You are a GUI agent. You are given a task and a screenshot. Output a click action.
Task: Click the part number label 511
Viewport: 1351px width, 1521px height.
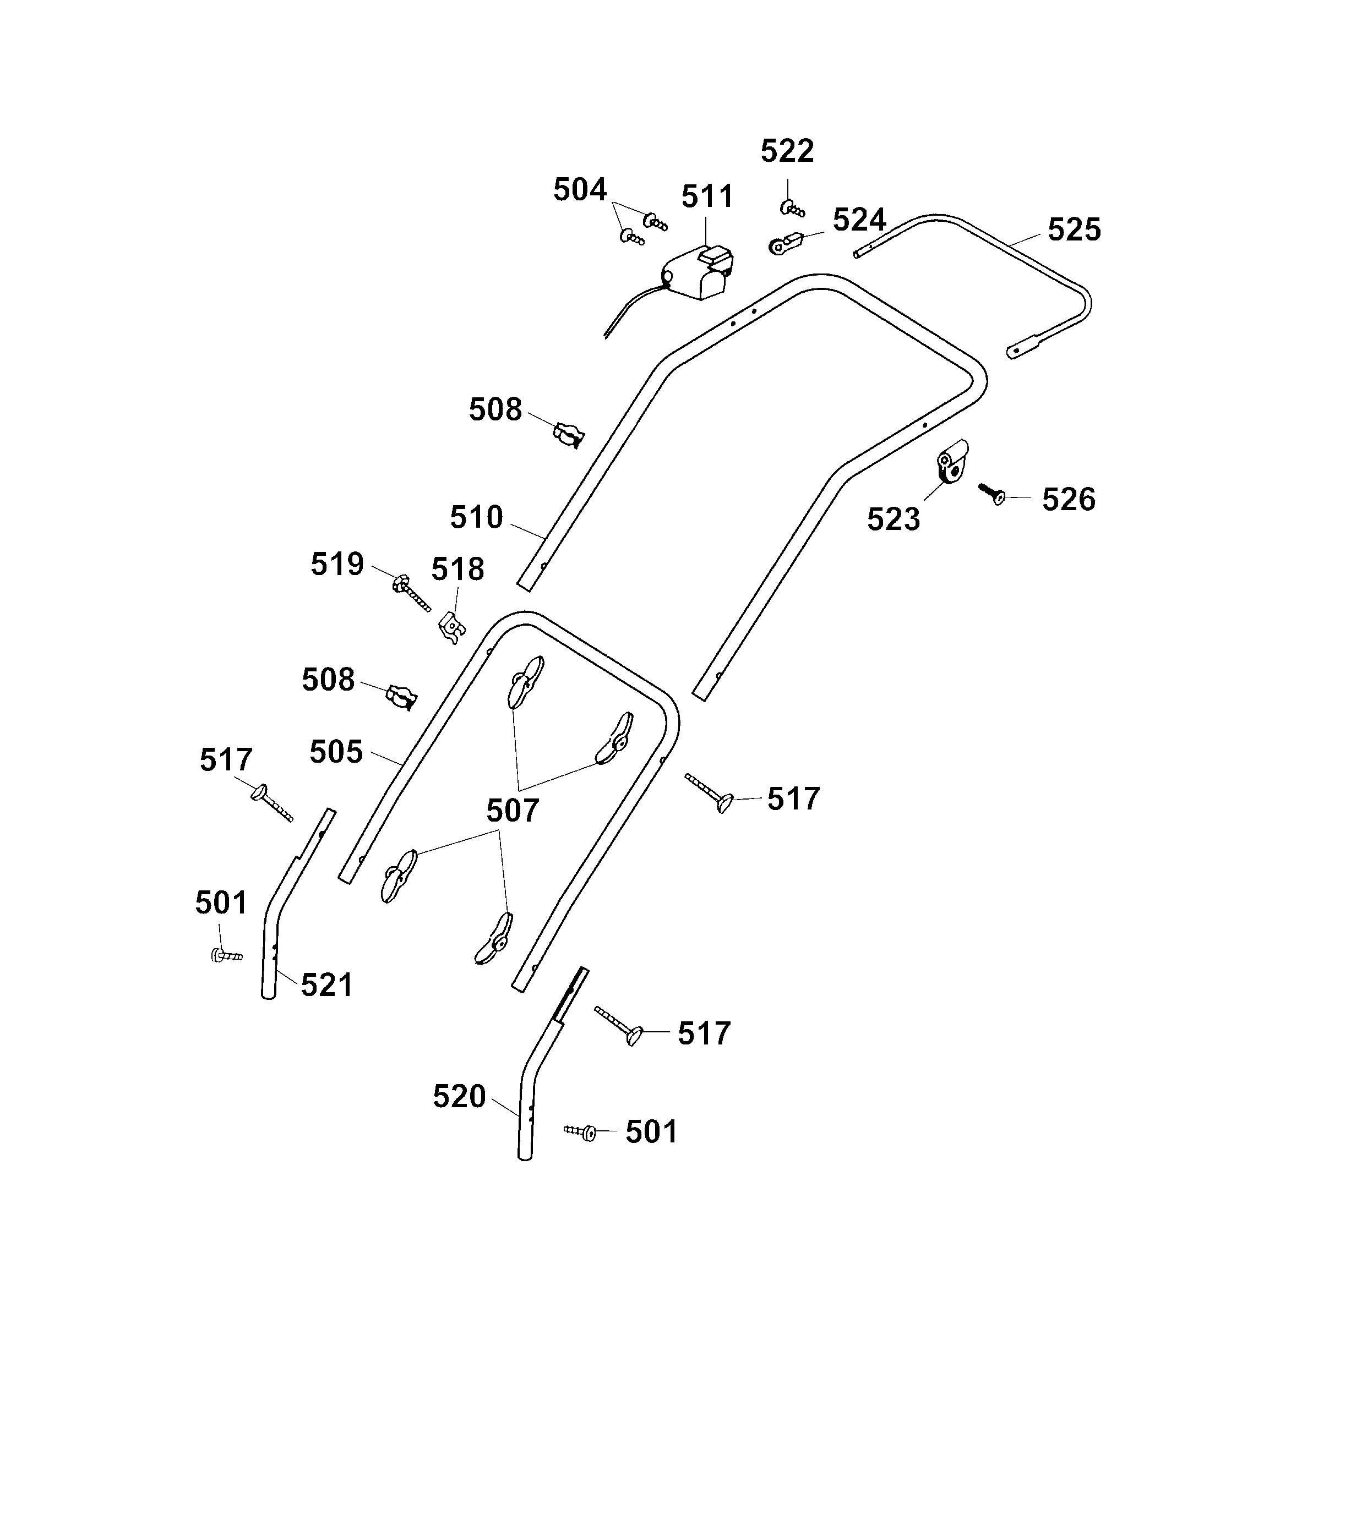pyautogui.click(x=707, y=197)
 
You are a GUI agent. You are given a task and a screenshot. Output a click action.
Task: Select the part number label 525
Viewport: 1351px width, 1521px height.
pyautogui.click(x=1074, y=230)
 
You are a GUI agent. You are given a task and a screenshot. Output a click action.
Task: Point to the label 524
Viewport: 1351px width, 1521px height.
pyautogui.click(x=859, y=220)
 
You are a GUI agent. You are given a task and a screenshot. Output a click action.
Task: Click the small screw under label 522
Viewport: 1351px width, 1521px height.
pyautogui.click(x=792, y=209)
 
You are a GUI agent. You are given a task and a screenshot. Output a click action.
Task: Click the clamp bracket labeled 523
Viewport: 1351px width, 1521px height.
pyautogui.click(x=951, y=461)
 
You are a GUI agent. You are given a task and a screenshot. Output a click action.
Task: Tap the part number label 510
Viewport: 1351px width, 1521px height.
pyautogui.click(x=476, y=517)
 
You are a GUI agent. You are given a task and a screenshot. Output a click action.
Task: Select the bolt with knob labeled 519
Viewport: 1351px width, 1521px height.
pyautogui.click(x=410, y=593)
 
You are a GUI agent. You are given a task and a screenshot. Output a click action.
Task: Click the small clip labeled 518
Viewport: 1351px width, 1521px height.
pyautogui.click(x=451, y=626)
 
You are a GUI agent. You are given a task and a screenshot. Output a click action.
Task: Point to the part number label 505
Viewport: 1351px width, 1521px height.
pyautogui.click(x=336, y=752)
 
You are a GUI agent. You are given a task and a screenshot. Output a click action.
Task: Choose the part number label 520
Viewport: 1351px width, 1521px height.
pyautogui.click(x=459, y=1097)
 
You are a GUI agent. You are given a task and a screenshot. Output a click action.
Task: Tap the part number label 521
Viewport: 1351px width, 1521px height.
pyautogui.click(x=326, y=985)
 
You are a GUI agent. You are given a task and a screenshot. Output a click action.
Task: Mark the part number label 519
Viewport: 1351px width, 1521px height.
pyautogui.click(x=336, y=565)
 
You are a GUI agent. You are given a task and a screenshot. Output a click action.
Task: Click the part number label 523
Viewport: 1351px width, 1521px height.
pyautogui.click(x=893, y=519)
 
